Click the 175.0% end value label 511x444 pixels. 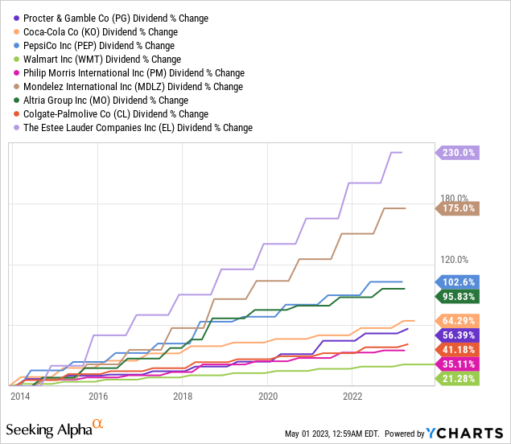[x=459, y=208]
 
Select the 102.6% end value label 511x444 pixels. [x=459, y=282]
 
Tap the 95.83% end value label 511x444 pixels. [x=459, y=296]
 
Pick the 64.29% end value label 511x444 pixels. [x=459, y=320]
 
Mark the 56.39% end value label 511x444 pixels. [x=459, y=335]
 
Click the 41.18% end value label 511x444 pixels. [x=459, y=349]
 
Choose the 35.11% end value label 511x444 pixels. [x=459, y=364]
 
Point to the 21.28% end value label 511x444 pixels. [x=459, y=378]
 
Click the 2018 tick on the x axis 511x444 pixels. [x=183, y=397]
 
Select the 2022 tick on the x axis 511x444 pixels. [x=352, y=397]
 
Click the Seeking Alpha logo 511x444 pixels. [x=56, y=426]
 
